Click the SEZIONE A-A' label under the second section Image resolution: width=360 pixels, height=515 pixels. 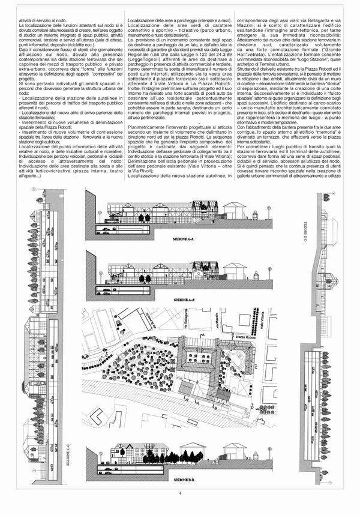click(187, 298)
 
